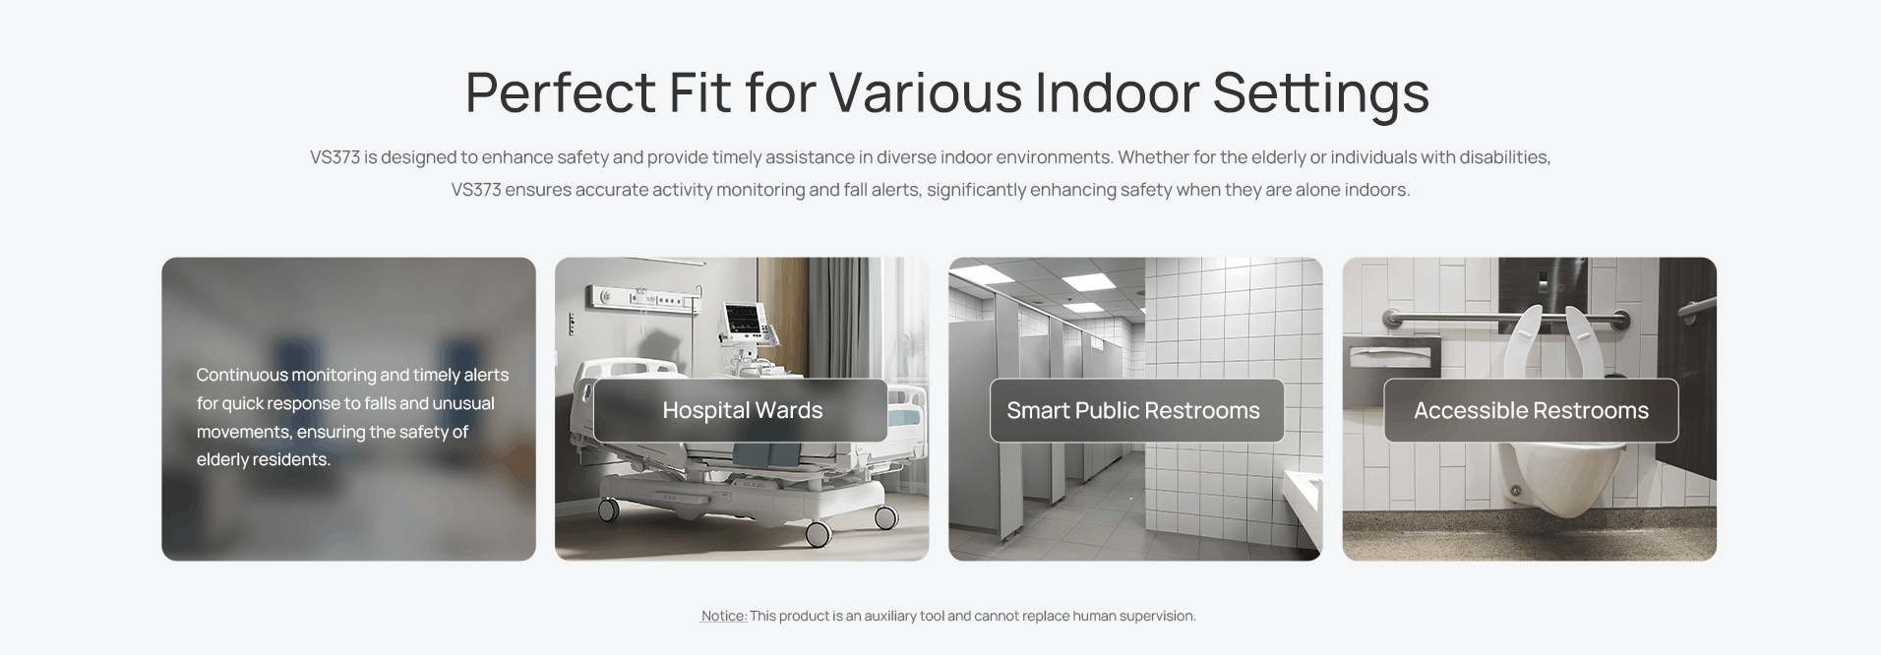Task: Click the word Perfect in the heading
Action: pos(560,91)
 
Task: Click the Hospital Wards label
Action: pos(742,410)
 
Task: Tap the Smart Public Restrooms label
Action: pos(1132,410)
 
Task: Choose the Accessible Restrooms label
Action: pos(1531,410)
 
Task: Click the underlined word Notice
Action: pos(723,616)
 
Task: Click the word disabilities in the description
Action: pos(1504,157)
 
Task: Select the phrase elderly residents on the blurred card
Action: pos(263,459)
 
